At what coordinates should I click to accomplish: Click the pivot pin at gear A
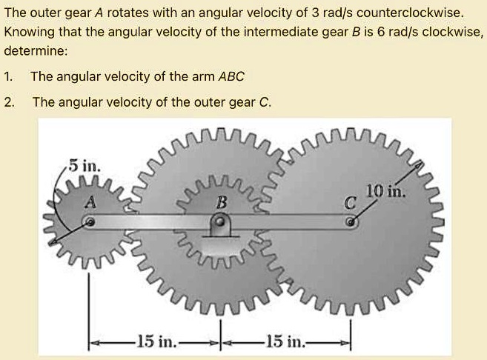(x=90, y=222)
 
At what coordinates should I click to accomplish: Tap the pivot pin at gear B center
(x=219, y=221)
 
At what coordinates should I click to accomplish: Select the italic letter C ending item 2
(x=265, y=101)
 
